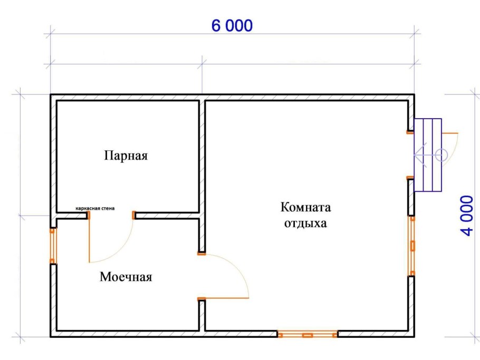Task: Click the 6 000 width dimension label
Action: point(232,26)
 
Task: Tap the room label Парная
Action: point(126,156)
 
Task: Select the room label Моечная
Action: point(126,277)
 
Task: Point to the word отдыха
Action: point(305,223)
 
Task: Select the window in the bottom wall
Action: point(307,334)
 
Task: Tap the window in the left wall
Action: point(52,246)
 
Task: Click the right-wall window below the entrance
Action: point(412,246)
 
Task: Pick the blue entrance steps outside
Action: point(428,155)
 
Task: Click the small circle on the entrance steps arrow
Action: point(442,154)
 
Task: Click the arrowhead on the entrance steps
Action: point(419,154)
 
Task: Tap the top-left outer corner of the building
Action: point(51,95)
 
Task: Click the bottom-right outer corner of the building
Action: point(413,337)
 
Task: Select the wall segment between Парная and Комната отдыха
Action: point(202,158)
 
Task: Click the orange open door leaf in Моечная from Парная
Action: point(89,240)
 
